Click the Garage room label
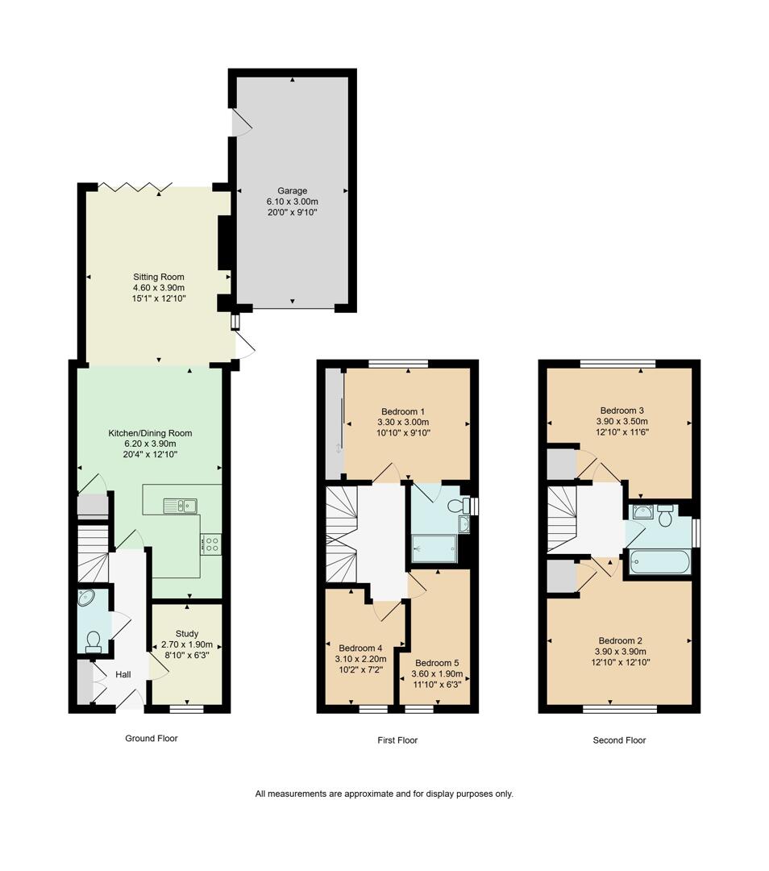click(x=292, y=191)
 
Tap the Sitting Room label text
click(x=159, y=277)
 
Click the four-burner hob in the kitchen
click(x=211, y=544)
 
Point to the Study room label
click(x=187, y=634)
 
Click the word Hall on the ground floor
click(x=123, y=674)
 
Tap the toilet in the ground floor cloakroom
click(x=93, y=640)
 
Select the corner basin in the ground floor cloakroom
click(x=87, y=598)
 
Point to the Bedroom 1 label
click(x=403, y=410)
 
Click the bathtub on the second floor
click(x=660, y=561)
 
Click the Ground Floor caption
click(x=152, y=738)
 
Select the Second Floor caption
click(x=619, y=740)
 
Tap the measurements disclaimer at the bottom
click(x=384, y=794)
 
